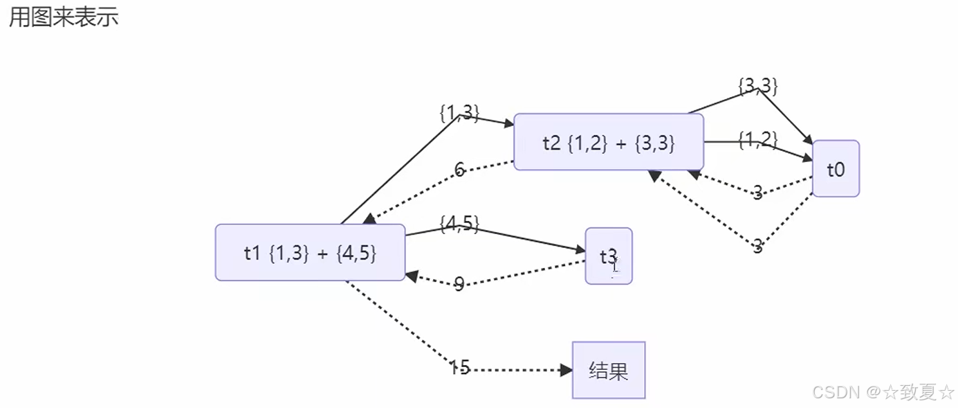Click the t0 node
(x=836, y=169)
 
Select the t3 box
(x=609, y=256)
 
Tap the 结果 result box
(x=609, y=371)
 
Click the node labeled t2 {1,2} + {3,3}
(x=608, y=143)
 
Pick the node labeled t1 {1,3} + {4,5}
(x=310, y=253)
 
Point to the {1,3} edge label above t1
(x=459, y=112)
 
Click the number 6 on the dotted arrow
(x=459, y=170)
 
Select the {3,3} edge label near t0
(x=758, y=86)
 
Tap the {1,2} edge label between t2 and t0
(x=758, y=140)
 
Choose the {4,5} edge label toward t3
(x=459, y=224)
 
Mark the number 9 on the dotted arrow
(x=459, y=283)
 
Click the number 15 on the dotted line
(x=459, y=368)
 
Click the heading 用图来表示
(x=64, y=17)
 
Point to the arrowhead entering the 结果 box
(x=566, y=371)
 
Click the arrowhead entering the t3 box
(x=580, y=251)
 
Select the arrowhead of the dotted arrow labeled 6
(x=369, y=219)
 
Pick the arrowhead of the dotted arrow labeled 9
(x=411, y=276)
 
